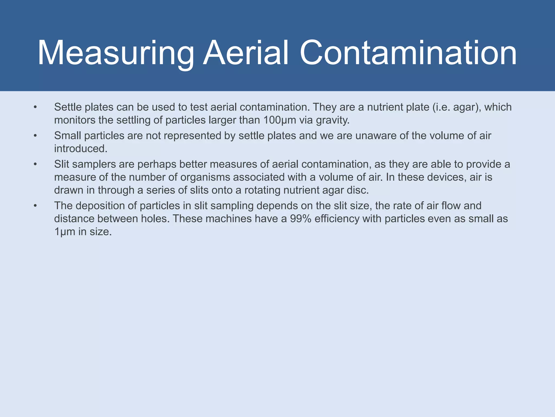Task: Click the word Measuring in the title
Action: click(x=116, y=53)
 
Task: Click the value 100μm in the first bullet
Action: click(x=280, y=120)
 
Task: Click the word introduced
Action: click(x=80, y=149)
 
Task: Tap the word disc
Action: click(x=359, y=190)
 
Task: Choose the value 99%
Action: click(x=301, y=219)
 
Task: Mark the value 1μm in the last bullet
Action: click(x=64, y=232)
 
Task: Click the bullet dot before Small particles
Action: click(x=35, y=135)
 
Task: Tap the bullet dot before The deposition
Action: click(x=35, y=206)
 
